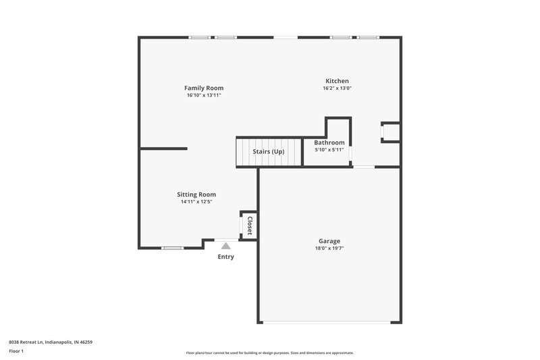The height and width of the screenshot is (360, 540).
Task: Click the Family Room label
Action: pos(204,88)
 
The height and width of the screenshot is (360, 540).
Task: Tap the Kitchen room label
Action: pos(337,81)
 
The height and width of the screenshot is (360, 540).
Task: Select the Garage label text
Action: pos(329,241)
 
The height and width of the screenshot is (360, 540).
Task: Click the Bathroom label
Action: pos(329,143)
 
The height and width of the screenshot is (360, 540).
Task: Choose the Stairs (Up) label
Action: pos(269,151)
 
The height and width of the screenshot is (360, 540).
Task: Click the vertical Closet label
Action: pos(249,224)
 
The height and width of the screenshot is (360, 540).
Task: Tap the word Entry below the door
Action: pos(225,257)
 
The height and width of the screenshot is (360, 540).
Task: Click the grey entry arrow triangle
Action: pos(225,247)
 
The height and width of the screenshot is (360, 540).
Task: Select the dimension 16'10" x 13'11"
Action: pos(204,95)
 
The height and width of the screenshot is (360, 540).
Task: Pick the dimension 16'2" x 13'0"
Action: pos(337,88)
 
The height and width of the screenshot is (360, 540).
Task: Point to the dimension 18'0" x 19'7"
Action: pos(329,249)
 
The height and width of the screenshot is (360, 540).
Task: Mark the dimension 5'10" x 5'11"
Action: pos(329,150)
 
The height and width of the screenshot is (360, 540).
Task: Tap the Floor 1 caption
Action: pos(17,352)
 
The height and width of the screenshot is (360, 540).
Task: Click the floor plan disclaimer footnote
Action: pos(269,353)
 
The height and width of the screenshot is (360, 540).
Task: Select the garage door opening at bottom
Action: pos(329,322)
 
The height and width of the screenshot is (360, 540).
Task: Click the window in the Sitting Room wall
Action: pos(173,248)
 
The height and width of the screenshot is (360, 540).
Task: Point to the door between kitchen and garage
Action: pos(364,167)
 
